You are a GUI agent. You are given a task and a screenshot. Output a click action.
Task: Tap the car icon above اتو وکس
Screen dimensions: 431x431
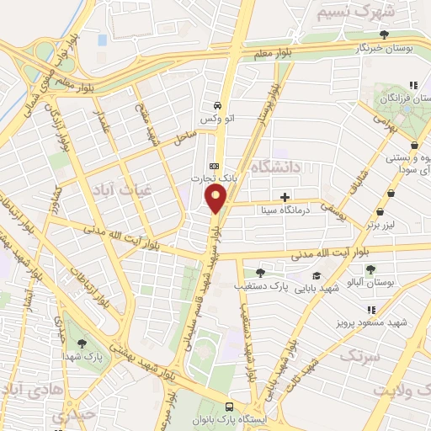point(218,106)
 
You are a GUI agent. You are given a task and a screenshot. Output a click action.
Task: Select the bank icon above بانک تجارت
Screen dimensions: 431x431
point(215,166)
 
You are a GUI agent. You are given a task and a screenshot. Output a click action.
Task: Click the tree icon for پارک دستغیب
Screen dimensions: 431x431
point(260,273)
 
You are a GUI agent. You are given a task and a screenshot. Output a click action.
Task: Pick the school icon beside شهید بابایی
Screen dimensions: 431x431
point(317,275)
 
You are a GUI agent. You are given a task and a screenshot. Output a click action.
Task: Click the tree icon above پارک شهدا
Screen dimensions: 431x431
point(82,343)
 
